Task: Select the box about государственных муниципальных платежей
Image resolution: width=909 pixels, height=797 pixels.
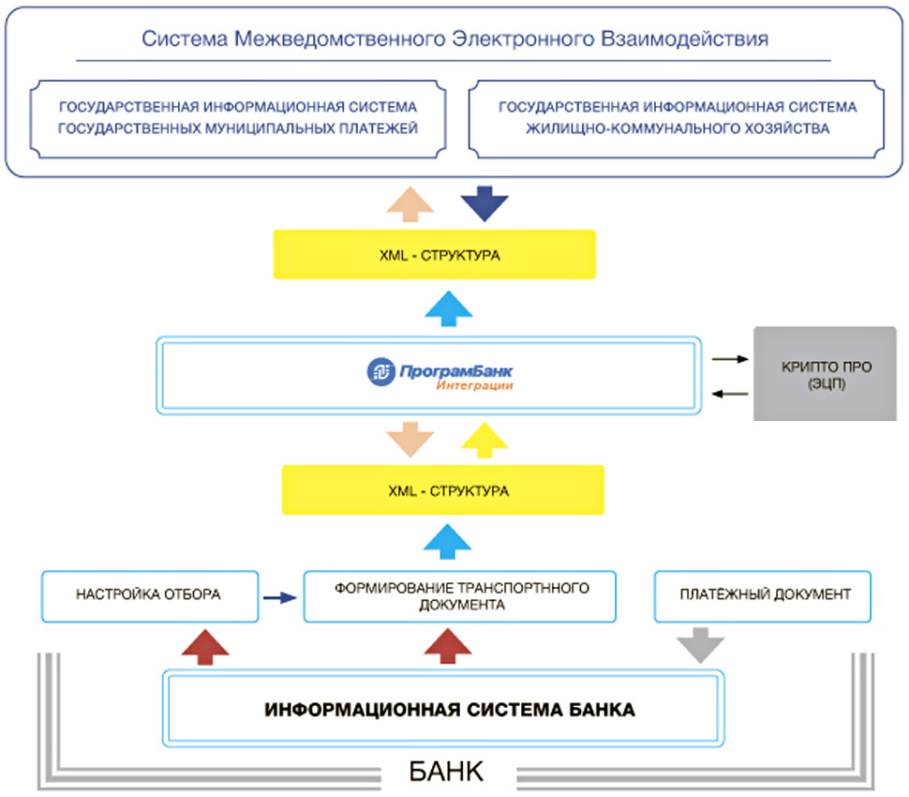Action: pos(237,118)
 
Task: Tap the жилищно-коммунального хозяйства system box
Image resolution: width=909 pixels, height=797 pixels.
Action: pos(677,118)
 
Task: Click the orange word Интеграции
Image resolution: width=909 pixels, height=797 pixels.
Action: pos(473,386)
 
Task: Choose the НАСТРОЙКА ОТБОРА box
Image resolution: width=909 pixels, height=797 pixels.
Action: pos(150,594)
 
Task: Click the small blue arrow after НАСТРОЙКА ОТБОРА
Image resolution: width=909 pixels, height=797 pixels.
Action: pos(279,595)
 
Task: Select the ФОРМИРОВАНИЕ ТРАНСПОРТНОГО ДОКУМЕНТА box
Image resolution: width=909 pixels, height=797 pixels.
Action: pos(460,596)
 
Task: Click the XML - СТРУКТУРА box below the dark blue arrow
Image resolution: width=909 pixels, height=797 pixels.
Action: pos(434,253)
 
